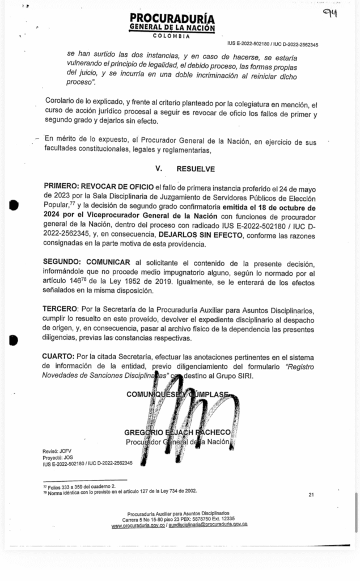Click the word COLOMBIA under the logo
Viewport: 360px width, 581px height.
click(171, 36)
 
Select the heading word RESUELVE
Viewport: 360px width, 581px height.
click(196, 169)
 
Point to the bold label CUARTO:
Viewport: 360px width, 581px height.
click(58, 356)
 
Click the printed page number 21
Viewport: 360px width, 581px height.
click(311, 495)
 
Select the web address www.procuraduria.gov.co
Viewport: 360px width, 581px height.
click(138, 525)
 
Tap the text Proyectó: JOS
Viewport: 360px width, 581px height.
click(58, 457)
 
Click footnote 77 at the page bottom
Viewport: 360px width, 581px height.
click(79, 486)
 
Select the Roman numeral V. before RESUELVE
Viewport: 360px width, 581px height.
click(159, 169)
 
